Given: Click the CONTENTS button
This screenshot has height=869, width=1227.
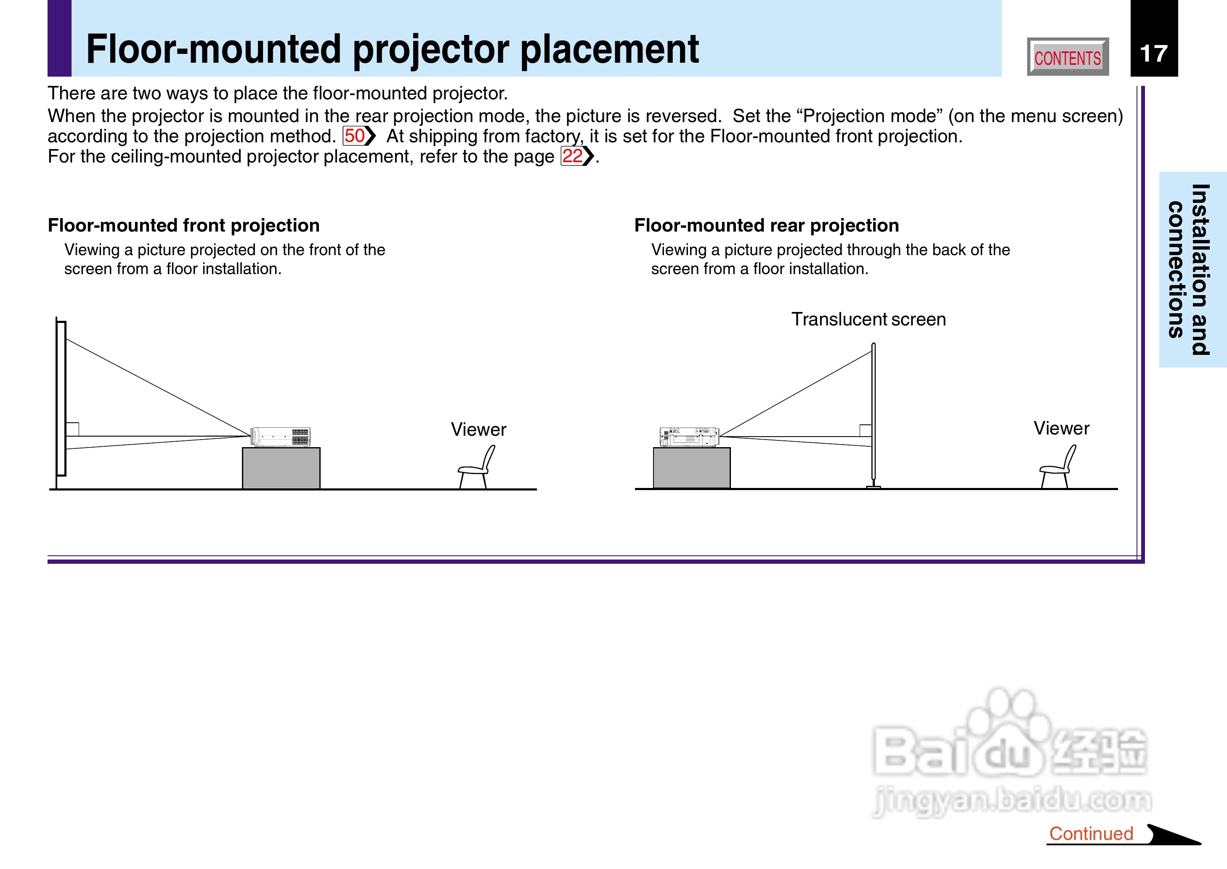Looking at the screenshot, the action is pyautogui.click(x=1068, y=57).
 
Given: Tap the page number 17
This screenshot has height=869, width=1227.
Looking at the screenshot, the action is pyautogui.click(x=1153, y=53).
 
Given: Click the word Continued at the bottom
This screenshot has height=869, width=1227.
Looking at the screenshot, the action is pyautogui.click(x=1091, y=833).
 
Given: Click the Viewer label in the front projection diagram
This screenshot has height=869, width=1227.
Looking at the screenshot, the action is pyautogui.click(x=478, y=429).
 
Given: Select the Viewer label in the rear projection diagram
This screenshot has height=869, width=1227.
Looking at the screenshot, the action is pyautogui.click(x=1061, y=428).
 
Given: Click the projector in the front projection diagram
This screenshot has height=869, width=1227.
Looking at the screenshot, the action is pyautogui.click(x=281, y=437).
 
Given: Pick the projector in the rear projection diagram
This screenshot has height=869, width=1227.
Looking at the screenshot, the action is pyautogui.click(x=690, y=437).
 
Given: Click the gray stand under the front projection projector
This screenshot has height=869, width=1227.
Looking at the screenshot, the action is pyautogui.click(x=281, y=468).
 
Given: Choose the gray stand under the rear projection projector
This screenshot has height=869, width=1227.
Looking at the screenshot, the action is pyautogui.click(x=692, y=468).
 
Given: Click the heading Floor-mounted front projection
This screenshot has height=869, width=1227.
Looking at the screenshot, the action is pyautogui.click(x=183, y=225).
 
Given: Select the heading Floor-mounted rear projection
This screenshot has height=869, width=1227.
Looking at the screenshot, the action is pyautogui.click(x=766, y=225).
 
